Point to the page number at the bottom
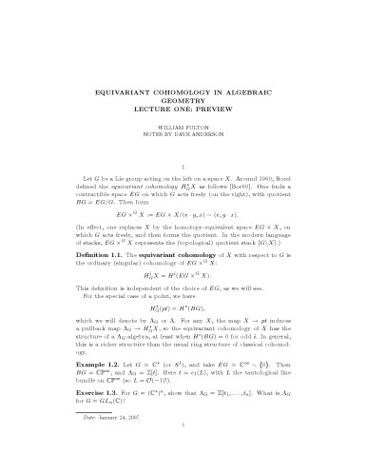click(x=183, y=464)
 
